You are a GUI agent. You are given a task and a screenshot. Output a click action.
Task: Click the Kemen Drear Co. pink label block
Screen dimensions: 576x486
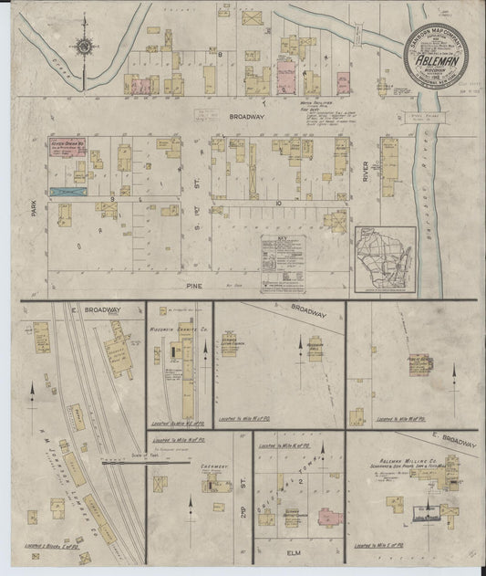(x=68, y=151)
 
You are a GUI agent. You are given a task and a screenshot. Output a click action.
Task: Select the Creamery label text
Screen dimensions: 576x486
(x=211, y=466)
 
